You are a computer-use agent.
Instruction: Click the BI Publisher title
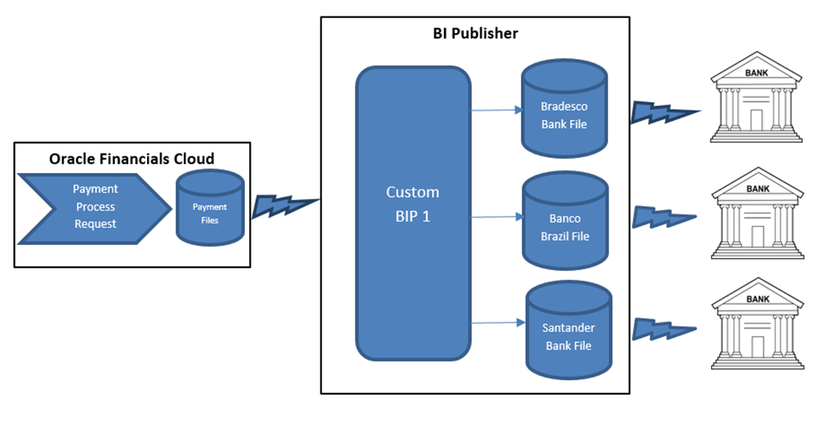(x=475, y=34)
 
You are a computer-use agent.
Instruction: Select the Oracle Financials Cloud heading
(x=132, y=159)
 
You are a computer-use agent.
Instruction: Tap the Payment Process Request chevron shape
(x=94, y=207)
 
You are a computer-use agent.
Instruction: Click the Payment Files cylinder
(x=210, y=208)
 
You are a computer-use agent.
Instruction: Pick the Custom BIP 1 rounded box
(x=413, y=212)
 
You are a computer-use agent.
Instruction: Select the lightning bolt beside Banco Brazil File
(x=664, y=215)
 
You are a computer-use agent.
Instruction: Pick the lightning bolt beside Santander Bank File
(x=665, y=327)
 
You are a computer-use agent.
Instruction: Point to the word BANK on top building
(x=757, y=73)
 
